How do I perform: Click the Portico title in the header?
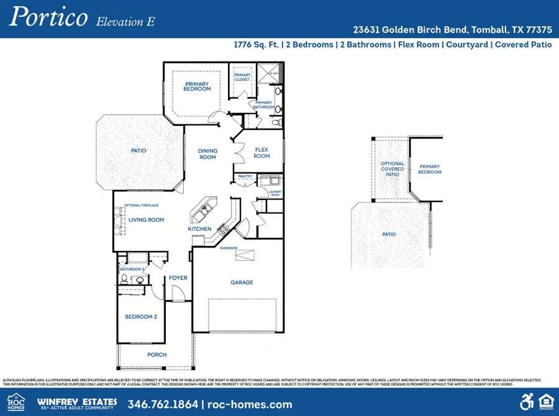[x=48, y=17]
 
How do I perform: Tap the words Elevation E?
[x=125, y=22]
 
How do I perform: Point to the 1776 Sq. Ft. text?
[x=257, y=45]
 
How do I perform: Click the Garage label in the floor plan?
[x=242, y=283]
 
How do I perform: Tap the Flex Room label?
[x=261, y=153]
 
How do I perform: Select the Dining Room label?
[x=207, y=154]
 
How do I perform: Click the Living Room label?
[x=147, y=220]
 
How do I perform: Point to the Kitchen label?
[x=199, y=229]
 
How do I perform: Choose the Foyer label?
[x=178, y=278]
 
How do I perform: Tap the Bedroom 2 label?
[x=141, y=317]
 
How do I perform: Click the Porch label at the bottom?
[x=157, y=355]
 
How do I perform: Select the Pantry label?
[x=244, y=177]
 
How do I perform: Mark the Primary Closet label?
[x=242, y=78]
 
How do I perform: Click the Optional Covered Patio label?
[x=392, y=169]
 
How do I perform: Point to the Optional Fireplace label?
[x=141, y=205]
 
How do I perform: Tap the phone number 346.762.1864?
[x=163, y=404]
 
